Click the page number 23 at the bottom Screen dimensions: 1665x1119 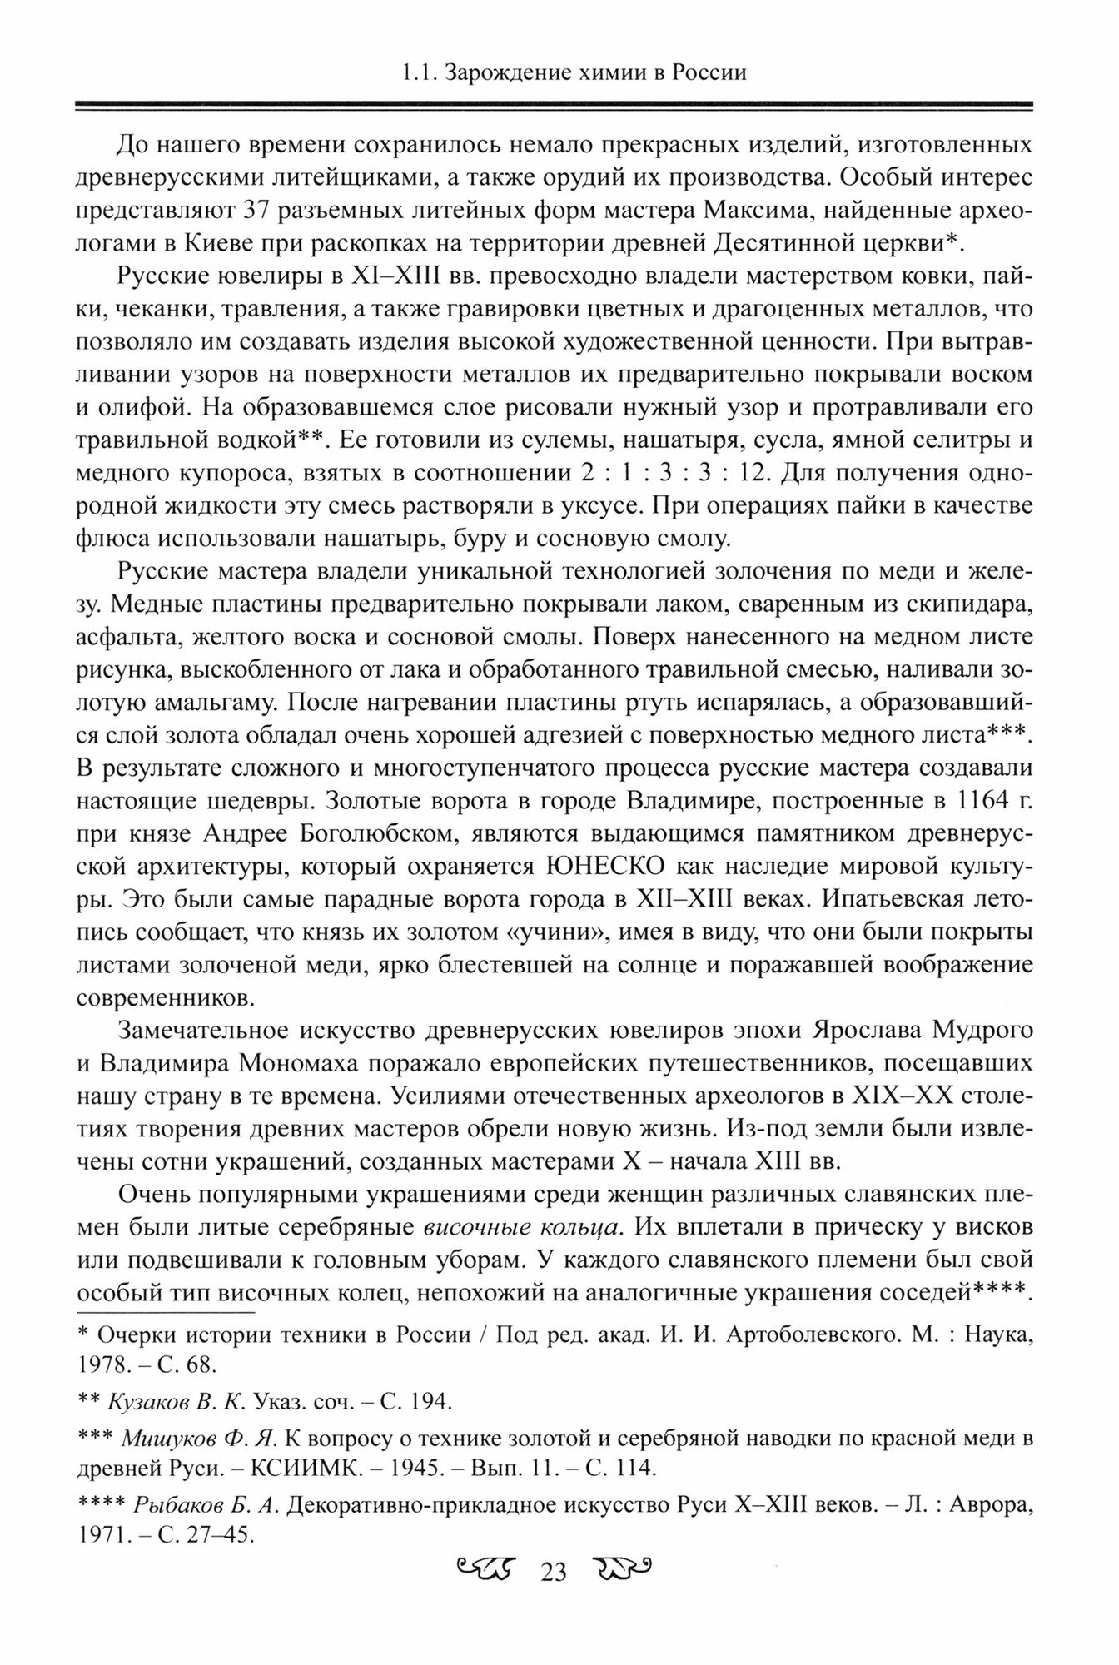[554, 1617]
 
